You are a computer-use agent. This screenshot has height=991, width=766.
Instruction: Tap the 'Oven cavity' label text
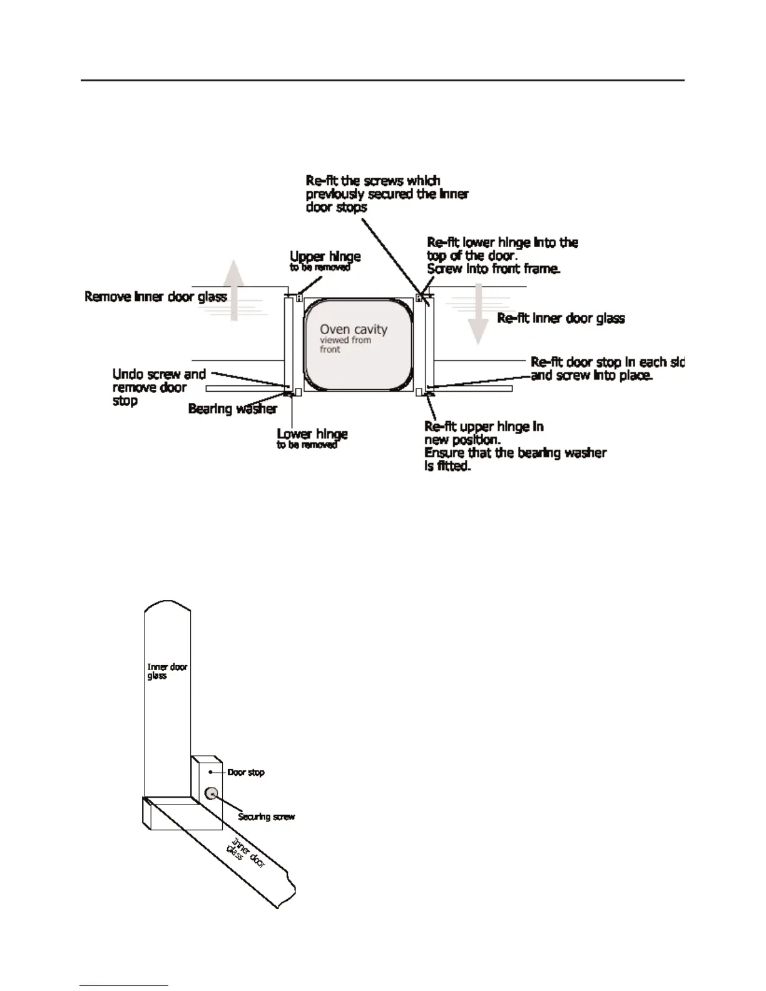click(x=354, y=329)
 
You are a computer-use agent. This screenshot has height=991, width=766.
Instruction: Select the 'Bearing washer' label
click(x=232, y=409)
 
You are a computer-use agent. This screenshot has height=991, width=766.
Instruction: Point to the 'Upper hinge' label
click(x=325, y=257)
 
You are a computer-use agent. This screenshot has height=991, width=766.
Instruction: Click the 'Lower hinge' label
click(x=312, y=434)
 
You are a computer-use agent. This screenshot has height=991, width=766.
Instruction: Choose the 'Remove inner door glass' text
click(x=155, y=296)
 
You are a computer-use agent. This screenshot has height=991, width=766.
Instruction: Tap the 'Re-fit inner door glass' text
click(x=561, y=318)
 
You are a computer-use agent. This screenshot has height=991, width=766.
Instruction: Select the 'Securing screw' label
click(x=266, y=816)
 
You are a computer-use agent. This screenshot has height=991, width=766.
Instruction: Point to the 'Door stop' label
click(x=245, y=773)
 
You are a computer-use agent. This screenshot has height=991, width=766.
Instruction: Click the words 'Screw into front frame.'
click(x=493, y=269)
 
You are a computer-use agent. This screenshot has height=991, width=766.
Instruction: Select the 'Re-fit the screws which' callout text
click(x=373, y=181)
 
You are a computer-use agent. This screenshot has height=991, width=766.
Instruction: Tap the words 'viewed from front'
click(x=345, y=345)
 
